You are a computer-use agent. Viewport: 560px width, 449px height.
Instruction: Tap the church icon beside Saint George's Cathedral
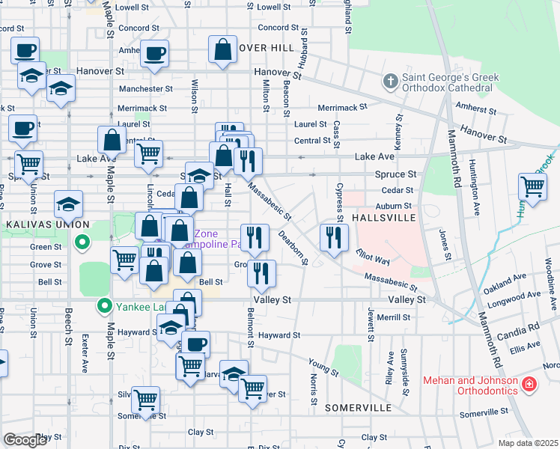[x=390, y=79]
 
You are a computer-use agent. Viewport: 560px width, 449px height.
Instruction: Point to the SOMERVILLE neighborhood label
[x=358, y=408]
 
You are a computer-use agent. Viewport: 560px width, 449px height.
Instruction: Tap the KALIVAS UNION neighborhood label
[x=45, y=224]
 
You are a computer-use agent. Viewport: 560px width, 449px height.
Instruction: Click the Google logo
[x=25, y=440]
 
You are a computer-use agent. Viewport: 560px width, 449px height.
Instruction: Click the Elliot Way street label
[x=373, y=257]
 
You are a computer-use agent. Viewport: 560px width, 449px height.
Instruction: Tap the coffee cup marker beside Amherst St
[x=154, y=53]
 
